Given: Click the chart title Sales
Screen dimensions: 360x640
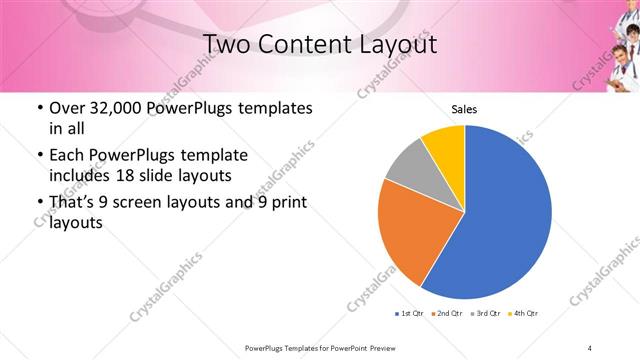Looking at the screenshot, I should click(463, 110).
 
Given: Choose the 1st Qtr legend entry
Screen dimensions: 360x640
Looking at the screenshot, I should click(406, 314).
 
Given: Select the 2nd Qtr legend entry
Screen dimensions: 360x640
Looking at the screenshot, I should click(444, 314).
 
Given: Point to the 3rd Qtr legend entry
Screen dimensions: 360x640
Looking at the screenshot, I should click(483, 314).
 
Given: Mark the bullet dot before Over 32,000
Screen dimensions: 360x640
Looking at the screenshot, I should click(38, 108).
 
